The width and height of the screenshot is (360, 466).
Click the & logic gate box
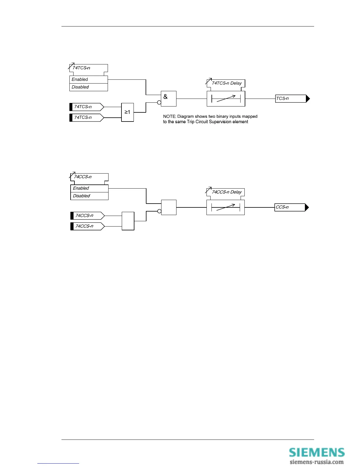169,99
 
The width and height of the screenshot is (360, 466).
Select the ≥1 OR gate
128,112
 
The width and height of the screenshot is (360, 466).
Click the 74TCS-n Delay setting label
226,83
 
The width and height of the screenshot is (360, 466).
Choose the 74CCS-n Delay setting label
226,192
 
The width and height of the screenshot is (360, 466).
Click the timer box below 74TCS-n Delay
226,99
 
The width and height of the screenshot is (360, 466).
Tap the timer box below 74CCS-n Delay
226,207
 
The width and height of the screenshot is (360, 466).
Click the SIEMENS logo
316,452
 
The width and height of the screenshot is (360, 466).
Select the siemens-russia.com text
316,462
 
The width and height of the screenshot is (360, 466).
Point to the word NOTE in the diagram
169,116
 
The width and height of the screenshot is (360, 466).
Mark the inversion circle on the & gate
159,103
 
